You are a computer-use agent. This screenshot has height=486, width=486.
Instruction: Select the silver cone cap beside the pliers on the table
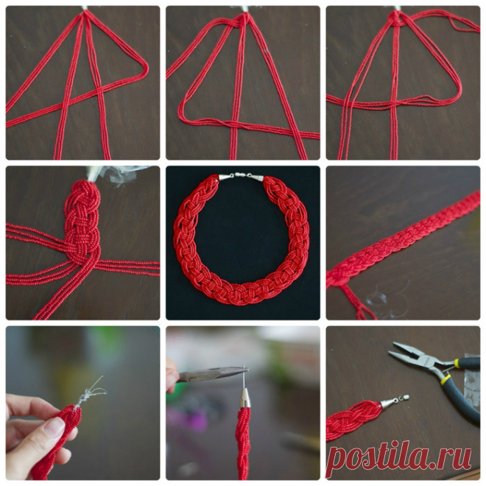[387, 403]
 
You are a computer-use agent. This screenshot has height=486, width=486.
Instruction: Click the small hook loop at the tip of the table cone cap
[405, 397]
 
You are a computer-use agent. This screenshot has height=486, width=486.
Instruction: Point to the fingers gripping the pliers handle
[172, 375]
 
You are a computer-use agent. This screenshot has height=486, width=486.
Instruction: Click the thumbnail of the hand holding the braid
[54, 427]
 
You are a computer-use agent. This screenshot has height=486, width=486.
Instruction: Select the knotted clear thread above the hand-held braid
[89, 392]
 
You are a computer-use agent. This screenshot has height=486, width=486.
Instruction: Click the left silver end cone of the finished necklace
[226, 177]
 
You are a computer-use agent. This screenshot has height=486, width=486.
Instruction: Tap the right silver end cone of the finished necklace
[257, 177]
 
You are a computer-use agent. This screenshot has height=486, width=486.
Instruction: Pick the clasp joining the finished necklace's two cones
[242, 175]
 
